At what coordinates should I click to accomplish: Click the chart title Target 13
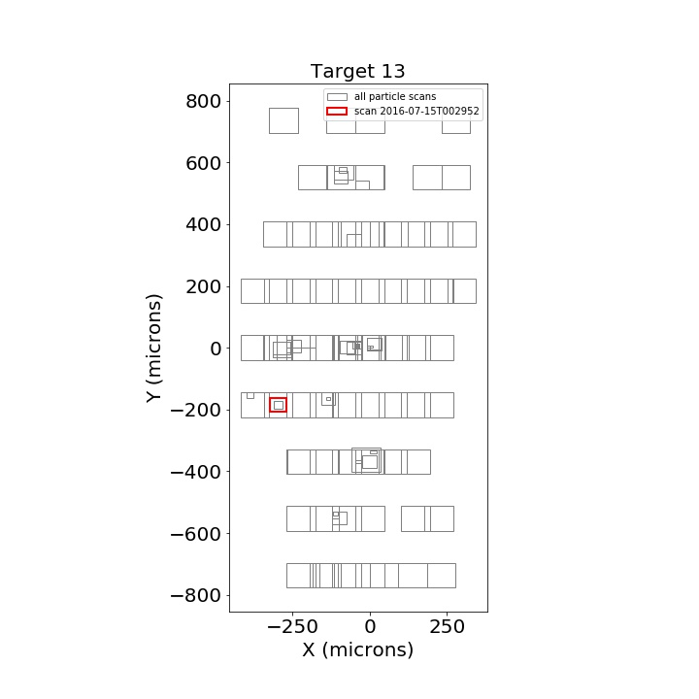click(357, 71)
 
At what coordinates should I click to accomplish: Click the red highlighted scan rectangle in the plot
click(270, 405)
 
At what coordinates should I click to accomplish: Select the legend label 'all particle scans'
click(395, 97)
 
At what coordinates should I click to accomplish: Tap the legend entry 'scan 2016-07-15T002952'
click(416, 111)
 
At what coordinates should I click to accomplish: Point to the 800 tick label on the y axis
click(203, 102)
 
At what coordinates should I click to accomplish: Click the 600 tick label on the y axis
click(203, 164)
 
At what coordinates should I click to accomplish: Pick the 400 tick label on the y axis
click(203, 224)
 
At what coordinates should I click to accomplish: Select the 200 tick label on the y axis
click(203, 286)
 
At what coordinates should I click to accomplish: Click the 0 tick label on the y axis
click(216, 349)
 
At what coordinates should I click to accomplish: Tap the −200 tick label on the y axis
click(196, 410)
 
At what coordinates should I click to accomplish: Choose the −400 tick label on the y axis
click(196, 472)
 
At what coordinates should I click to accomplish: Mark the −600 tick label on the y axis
click(196, 534)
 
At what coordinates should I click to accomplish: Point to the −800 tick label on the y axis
click(196, 595)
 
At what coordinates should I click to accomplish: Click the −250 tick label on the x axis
click(292, 627)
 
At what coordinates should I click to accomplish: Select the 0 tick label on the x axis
click(370, 627)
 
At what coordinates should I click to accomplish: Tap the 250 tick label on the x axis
click(448, 627)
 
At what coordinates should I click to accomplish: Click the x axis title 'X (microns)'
click(358, 649)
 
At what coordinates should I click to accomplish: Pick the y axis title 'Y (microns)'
click(153, 349)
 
